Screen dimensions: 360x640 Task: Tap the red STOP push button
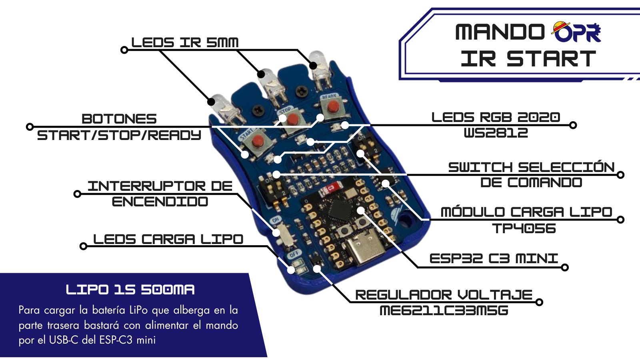[293, 119]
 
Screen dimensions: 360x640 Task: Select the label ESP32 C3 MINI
[493, 258]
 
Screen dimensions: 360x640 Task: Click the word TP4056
[524, 228]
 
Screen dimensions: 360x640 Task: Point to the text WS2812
[496, 133]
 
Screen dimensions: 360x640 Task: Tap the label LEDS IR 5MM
[185, 42]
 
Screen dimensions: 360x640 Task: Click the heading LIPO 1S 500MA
[130, 290]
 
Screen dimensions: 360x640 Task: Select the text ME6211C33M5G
[444, 310]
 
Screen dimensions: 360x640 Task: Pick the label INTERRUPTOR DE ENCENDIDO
[160, 194]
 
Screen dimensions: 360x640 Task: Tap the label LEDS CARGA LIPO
[168, 239]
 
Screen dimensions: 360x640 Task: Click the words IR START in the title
[528, 59]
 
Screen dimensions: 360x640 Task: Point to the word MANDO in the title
[500, 32]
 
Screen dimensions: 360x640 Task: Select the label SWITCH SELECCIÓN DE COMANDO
[531, 175]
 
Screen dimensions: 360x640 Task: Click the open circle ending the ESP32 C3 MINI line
[565, 267]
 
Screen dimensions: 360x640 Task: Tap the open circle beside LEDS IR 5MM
[124, 50]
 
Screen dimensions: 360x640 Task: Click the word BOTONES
[119, 119]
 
